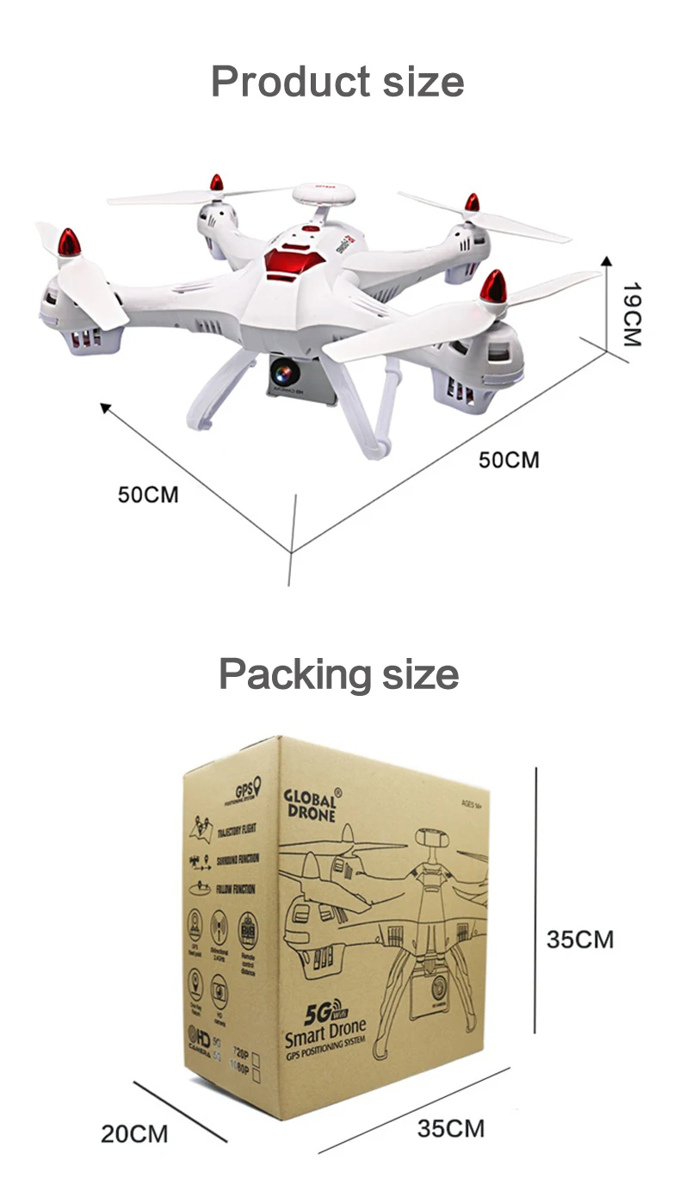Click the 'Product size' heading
pyautogui.click(x=337, y=83)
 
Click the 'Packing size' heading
pyautogui.click(x=338, y=673)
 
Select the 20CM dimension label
pyautogui.click(x=134, y=1133)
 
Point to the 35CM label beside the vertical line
pyautogui.click(x=580, y=939)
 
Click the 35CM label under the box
pyautogui.click(x=451, y=1127)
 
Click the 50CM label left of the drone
pyautogui.click(x=148, y=494)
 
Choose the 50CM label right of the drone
pyautogui.click(x=509, y=459)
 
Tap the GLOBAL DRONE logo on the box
pyautogui.click(x=311, y=804)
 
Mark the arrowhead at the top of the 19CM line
pyautogui.click(x=606, y=260)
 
